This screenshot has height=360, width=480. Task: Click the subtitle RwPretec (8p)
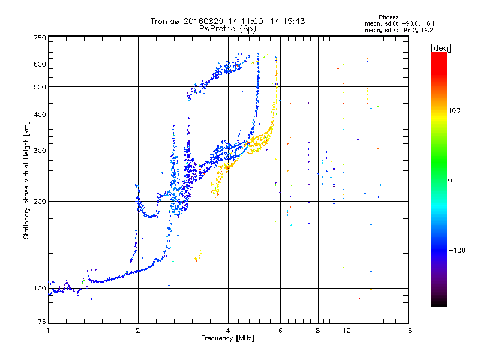click(x=227, y=29)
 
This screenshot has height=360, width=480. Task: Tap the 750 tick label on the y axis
click(x=40, y=38)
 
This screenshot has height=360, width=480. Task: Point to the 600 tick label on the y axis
click(x=40, y=64)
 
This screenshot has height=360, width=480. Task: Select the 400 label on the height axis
click(x=40, y=115)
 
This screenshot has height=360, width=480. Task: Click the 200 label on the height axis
click(x=40, y=202)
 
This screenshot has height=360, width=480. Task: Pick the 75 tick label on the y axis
click(x=42, y=322)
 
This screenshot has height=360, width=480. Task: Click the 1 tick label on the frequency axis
click(x=48, y=331)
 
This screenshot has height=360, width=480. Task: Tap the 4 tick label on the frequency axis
click(x=228, y=331)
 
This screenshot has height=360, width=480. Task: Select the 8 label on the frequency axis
click(x=318, y=331)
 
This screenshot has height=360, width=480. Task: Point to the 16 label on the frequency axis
click(x=408, y=331)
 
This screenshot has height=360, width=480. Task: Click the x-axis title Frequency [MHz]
click(x=227, y=338)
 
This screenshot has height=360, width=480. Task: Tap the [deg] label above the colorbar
click(x=440, y=49)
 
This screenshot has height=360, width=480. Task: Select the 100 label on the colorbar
click(x=454, y=110)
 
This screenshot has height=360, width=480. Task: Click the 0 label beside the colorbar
click(x=450, y=181)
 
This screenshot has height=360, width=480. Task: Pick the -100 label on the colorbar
click(x=457, y=250)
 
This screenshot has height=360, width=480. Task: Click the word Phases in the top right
click(x=388, y=17)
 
